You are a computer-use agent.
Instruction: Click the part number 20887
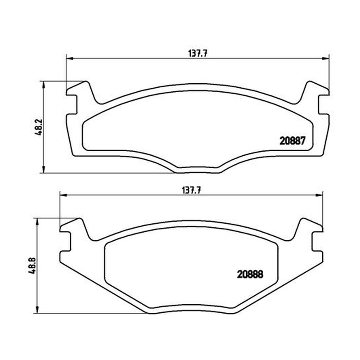(292, 141)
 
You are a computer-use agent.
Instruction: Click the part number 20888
(250, 274)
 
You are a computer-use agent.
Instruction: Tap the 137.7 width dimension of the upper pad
(198, 54)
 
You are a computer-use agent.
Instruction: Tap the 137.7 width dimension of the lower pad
(192, 190)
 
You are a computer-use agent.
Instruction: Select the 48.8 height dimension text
(32, 265)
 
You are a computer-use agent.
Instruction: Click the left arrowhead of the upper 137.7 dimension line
(70, 58)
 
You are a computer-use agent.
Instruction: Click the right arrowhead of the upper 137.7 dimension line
(325, 58)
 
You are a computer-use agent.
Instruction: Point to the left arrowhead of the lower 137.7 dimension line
(63, 195)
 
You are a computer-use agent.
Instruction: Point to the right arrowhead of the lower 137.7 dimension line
(319, 195)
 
